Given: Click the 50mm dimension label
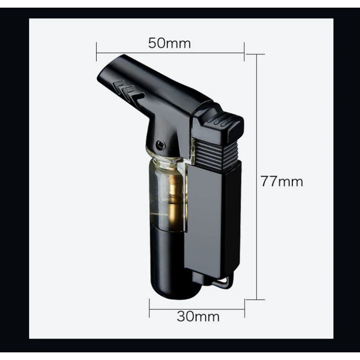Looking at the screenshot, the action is [170, 43].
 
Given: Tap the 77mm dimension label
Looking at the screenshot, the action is [282, 181].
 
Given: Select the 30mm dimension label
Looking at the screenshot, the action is [198, 316].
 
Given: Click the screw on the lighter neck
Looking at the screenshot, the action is [161, 144].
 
